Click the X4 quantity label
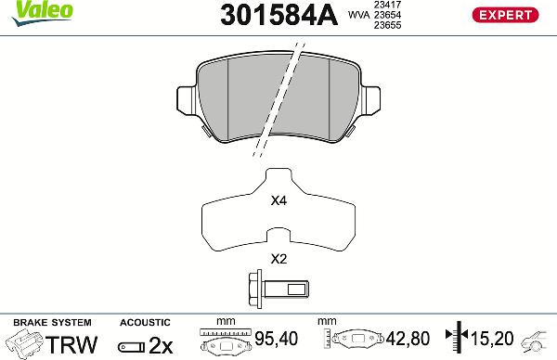[x=278, y=200]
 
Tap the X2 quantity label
[x=278, y=259]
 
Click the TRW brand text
[x=71, y=344]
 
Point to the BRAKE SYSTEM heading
[x=50, y=322]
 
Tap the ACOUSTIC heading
[x=146, y=322]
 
